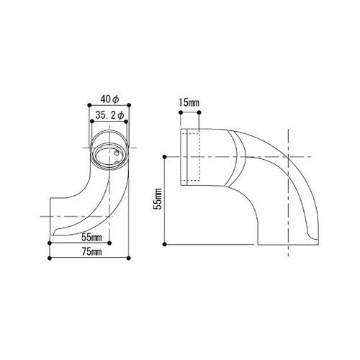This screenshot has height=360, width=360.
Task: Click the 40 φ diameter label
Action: click(110, 99)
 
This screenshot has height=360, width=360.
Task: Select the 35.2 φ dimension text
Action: click(109, 115)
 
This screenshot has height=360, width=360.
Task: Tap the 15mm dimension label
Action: click(189, 103)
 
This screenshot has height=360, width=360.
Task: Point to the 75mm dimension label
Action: click(92, 252)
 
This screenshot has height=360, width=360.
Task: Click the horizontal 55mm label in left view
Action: click(91, 238)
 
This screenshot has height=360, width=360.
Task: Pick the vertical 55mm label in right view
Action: click(158, 199)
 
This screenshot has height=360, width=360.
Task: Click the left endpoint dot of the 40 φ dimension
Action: click(89, 105)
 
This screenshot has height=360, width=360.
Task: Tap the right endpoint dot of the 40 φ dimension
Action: click(129, 105)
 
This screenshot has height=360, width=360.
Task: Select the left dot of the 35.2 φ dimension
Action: click(92, 122)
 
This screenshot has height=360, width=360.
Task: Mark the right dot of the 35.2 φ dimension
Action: click(126, 122)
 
